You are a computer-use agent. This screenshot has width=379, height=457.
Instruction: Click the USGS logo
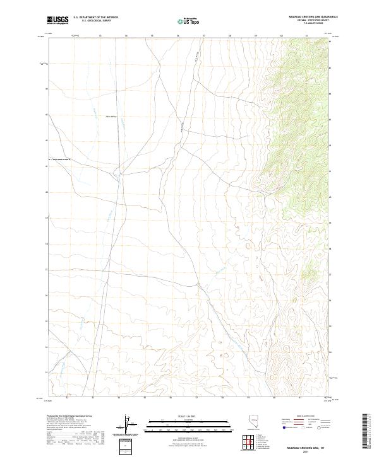[59, 21]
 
